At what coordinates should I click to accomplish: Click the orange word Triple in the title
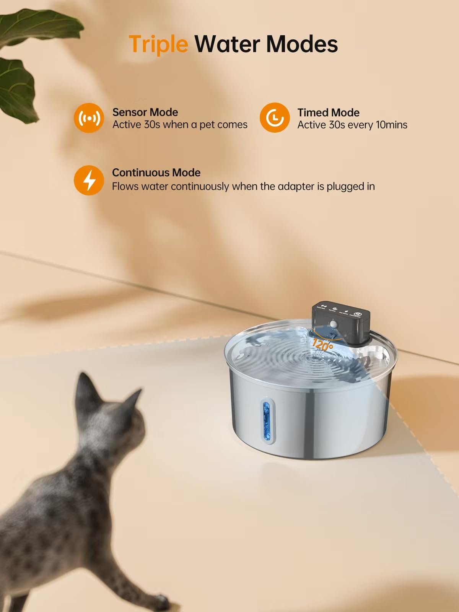(158, 44)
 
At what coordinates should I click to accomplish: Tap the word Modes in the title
(302, 44)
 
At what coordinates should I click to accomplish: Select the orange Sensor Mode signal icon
(89, 118)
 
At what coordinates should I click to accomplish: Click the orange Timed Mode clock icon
(274, 118)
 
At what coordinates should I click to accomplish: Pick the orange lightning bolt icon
(89, 180)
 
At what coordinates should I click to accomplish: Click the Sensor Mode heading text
(145, 112)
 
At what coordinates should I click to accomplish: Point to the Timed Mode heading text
(328, 112)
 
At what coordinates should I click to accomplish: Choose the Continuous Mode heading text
(156, 173)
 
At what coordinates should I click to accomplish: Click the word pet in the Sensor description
(207, 125)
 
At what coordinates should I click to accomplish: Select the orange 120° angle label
(322, 345)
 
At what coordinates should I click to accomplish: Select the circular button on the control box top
(357, 314)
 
